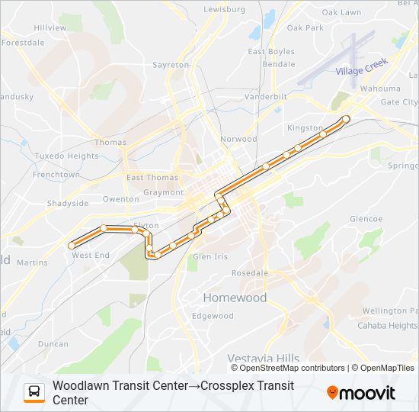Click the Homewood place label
(x=234, y=298)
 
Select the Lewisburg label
(x=225, y=10)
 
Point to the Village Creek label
(x=362, y=66)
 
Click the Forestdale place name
(x=24, y=43)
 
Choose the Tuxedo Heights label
(x=66, y=156)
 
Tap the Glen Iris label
(x=210, y=257)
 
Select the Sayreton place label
(x=171, y=66)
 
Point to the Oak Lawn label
(x=341, y=13)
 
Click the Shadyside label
(x=68, y=204)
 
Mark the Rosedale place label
(x=250, y=273)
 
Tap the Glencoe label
(x=366, y=219)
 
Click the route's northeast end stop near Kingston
(x=346, y=119)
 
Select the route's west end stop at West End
(x=72, y=246)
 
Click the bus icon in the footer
(x=34, y=392)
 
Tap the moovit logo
(x=361, y=393)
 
